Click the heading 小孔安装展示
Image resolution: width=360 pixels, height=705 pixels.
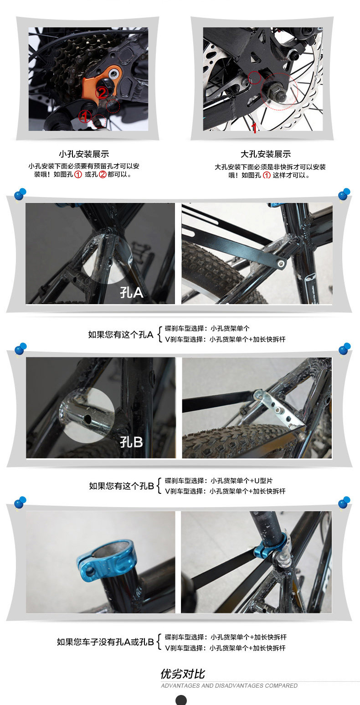(84, 154)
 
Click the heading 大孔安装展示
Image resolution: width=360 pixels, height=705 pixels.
(265, 154)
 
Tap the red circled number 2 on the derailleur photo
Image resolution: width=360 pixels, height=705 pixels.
(102, 93)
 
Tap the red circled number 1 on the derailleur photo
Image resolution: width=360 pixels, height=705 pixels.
(85, 117)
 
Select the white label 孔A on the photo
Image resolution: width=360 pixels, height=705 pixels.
(132, 293)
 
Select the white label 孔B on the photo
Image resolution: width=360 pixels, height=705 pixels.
(131, 441)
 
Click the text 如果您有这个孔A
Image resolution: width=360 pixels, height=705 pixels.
(121, 334)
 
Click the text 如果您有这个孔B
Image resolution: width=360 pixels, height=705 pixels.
(122, 486)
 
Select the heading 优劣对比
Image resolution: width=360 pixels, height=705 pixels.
(183, 674)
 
